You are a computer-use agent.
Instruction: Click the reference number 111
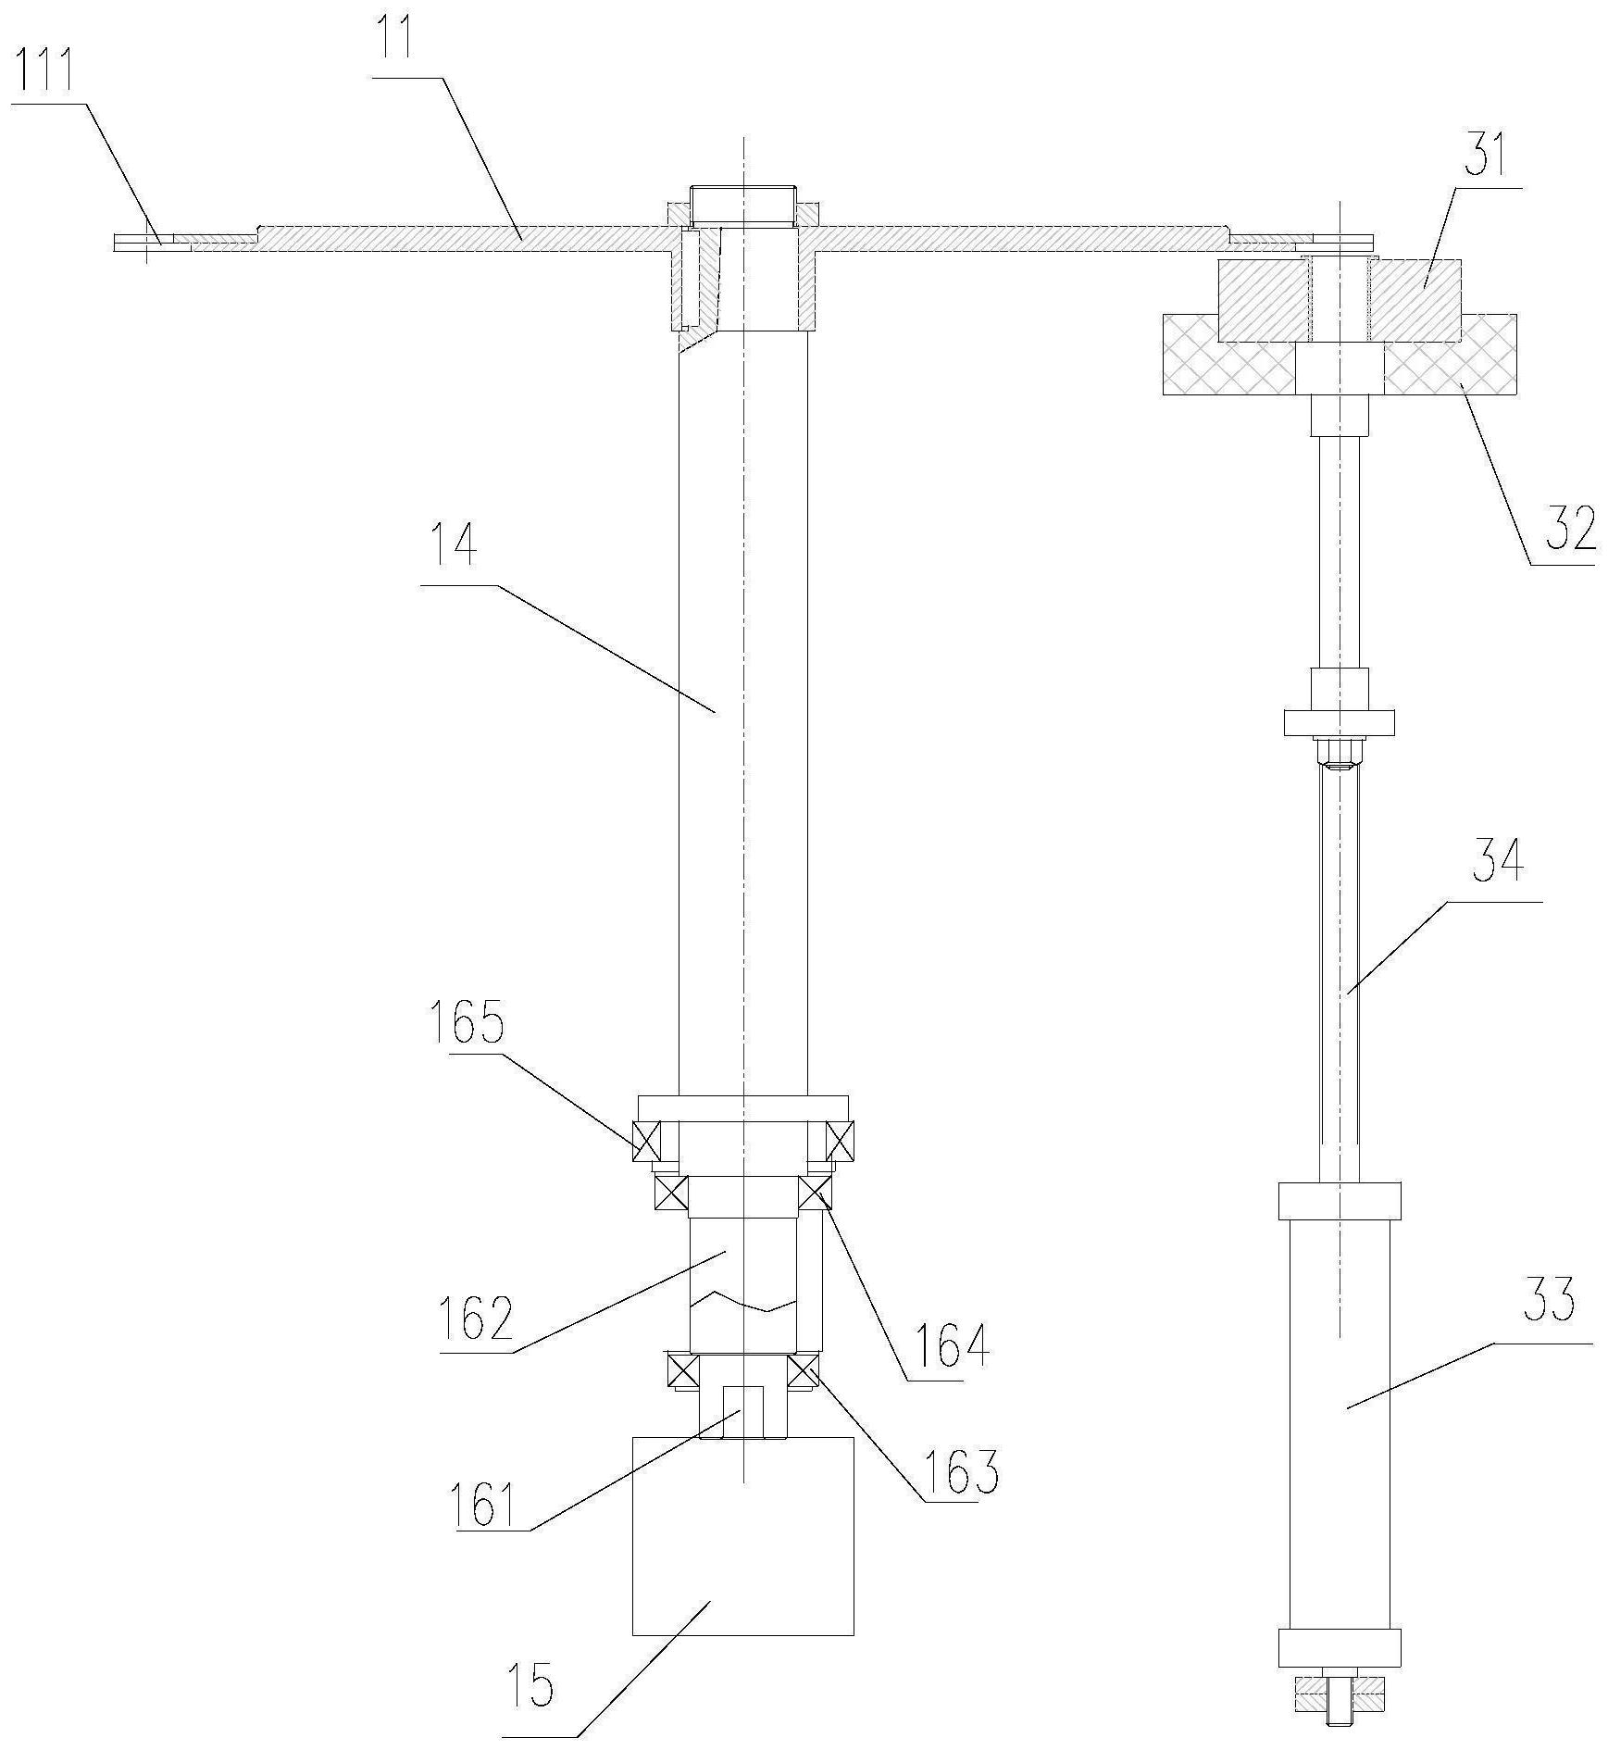45,72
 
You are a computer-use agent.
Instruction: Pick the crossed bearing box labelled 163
803,1369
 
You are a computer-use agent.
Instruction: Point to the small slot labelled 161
742,1411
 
